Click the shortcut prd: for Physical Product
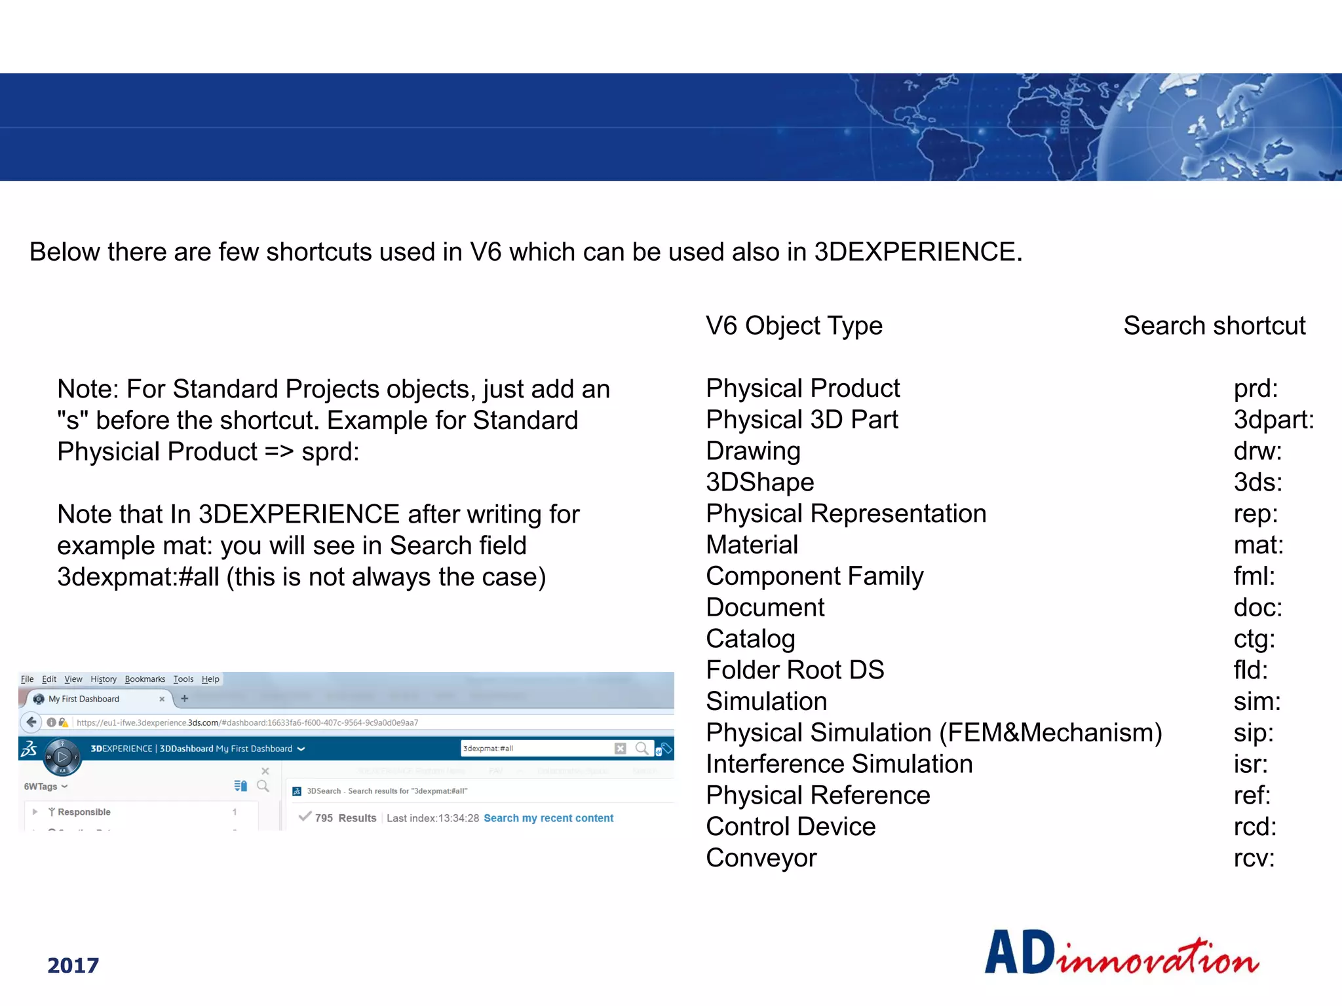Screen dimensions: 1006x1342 [1255, 389]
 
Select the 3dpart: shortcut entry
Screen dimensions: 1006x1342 [1273, 420]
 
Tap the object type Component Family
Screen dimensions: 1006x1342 [814, 576]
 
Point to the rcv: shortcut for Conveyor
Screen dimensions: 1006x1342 [1254, 858]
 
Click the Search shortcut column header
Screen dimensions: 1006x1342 [1214, 326]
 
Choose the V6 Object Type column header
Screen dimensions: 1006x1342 [794, 326]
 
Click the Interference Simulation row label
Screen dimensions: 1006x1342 [839, 764]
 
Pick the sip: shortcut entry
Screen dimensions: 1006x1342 [1253, 733]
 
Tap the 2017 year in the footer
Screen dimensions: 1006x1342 [73, 965]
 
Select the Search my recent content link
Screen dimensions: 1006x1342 [548, 818]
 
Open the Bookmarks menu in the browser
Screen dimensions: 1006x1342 [145, 679]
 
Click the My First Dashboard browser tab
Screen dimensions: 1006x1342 [84, 699]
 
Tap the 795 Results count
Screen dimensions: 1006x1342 [345, 818]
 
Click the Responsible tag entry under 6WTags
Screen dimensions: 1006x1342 [84, 812]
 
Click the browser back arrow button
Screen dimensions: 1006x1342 [31, 722]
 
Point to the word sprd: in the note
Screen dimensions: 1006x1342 [330, 452]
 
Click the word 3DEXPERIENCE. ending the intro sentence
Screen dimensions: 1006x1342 [917, 252]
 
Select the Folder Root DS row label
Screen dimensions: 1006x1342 [794, 670]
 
